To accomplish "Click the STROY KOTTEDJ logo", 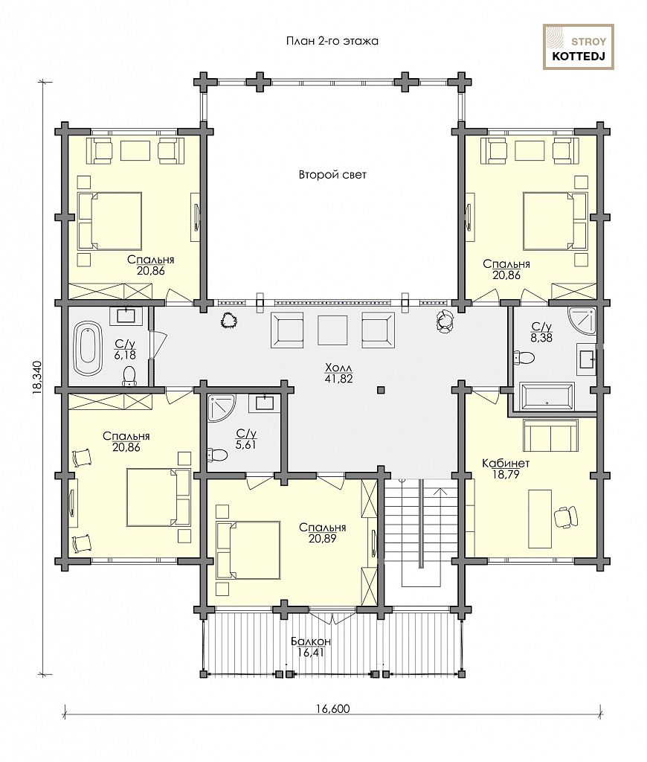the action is coord(578,47).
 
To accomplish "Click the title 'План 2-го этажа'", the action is coord(332,42).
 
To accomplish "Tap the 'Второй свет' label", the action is coord(332,174).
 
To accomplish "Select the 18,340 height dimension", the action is coord(39,377).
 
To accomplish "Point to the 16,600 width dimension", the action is coord(332,708).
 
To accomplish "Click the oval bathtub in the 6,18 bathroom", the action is coord(88,348).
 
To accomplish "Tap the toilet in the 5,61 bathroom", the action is coord(217,455).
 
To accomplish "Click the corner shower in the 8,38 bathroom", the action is coord(581,321).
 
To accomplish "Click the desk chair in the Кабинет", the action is coord(566,516).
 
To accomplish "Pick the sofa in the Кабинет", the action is coord(550,435).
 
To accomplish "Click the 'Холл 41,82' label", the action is coord(339,373).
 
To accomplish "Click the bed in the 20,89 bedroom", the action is coord(248,550).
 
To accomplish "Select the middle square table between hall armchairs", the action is coord(332,330).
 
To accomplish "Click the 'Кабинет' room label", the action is coord(506,463).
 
